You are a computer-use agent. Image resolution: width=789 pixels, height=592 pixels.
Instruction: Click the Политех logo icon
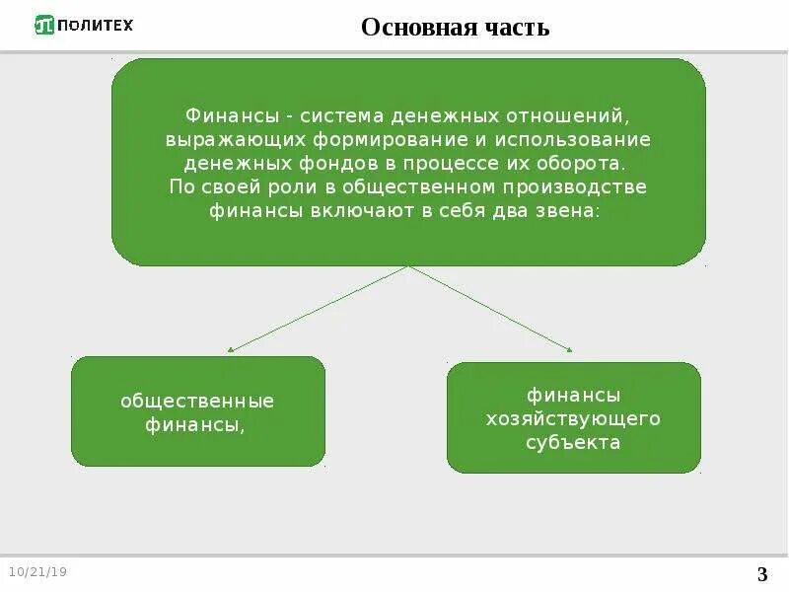pyautogui.click(x=44, y=25)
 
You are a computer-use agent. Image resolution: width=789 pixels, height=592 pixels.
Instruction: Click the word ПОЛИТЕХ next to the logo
pyautogui.click(x=95, y=25)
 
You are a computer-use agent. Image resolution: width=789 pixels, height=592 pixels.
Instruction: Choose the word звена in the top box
pyautogui.click(x=565, y=211)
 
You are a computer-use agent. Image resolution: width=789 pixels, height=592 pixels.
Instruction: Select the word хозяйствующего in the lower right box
pyautogui.click(x=573, y=419)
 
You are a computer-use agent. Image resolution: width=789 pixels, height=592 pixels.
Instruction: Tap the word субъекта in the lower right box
pyautogui.click(x=573, y=443)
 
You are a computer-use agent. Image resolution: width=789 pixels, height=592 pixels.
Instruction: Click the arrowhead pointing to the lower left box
pyautogui.click(x=230, y=349)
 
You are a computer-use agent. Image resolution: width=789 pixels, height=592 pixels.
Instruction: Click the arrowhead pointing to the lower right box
pyautogui.click(x=569, y=348)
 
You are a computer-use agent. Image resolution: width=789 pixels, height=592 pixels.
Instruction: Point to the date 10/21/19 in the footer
pyautogui.click(x=37, y=572)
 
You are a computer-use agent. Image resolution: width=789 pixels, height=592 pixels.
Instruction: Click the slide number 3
pyautogui.click(x=761, y=575)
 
